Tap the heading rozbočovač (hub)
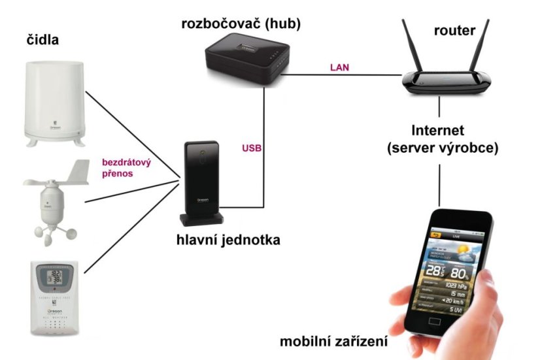pos(243,24)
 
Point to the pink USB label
pos(252,148)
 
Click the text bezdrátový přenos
pos(126,169)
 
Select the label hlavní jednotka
pos(228,240)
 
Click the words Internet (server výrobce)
pos(442,138)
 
